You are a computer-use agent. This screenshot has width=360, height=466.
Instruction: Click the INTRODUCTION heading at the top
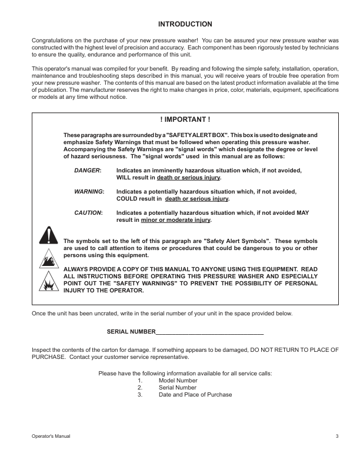tap(185, 24)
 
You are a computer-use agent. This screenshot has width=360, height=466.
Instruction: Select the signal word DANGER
tap(88, 170)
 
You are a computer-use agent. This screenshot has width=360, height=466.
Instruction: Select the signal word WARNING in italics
tap(89, 192)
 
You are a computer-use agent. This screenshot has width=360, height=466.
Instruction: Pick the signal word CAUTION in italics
tap(88, 213)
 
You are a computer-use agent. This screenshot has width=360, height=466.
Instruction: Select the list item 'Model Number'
tap(178, 381)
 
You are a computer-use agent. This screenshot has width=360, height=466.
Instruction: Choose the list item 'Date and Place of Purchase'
tap(195, 395)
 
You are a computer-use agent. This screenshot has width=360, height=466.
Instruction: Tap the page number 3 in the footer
tap(337, 436)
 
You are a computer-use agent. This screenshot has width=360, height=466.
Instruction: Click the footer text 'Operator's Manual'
tap(53, 436)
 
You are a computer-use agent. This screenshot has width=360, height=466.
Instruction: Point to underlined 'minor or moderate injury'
tap(175, 220)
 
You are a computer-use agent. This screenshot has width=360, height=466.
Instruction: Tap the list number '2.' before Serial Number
tap(140, 388)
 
